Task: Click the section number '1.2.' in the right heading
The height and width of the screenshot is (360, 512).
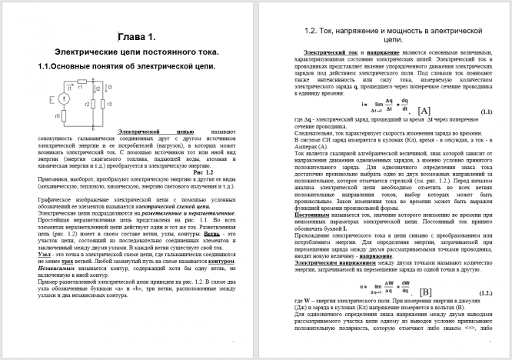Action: pyautogui.click(x=316, y=32)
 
